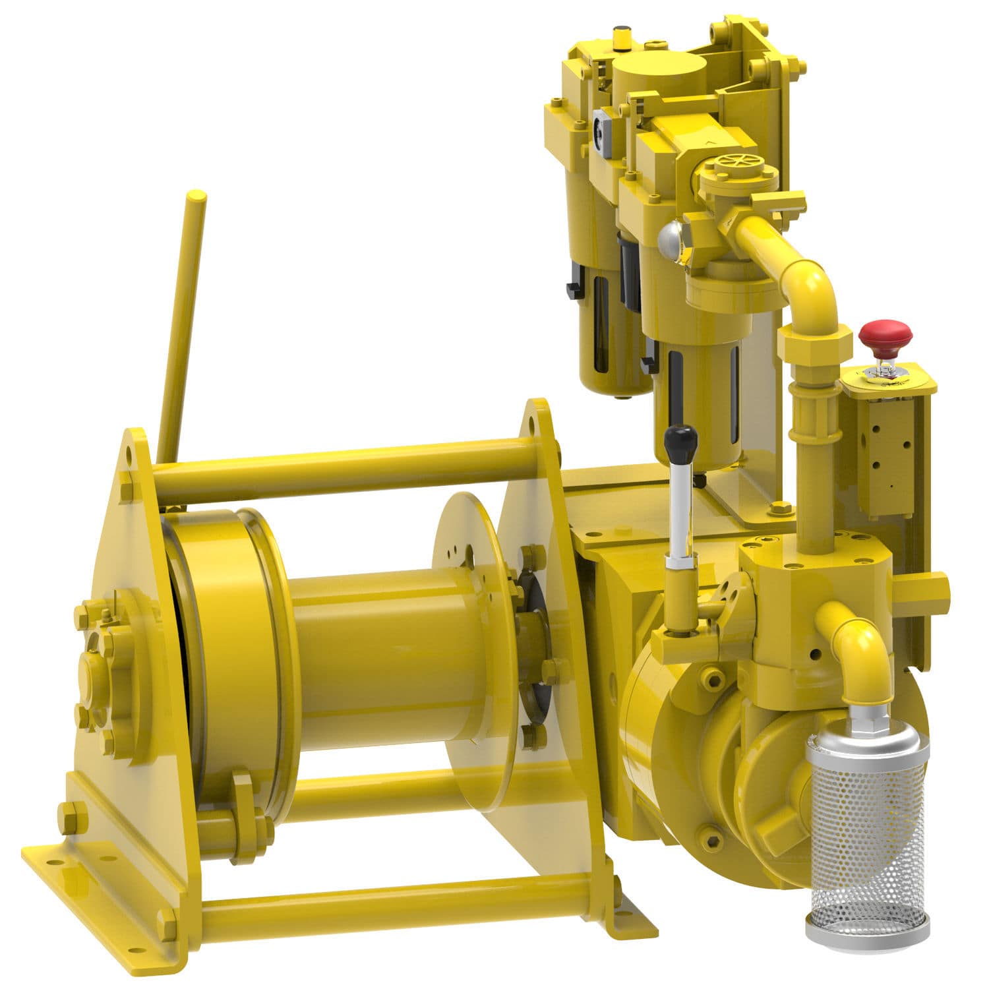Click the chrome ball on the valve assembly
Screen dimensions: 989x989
[671, 239]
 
